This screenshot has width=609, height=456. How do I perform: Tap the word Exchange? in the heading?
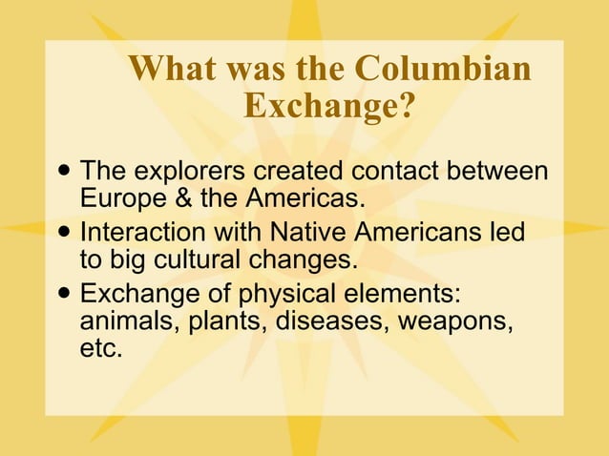(x=329, y=106)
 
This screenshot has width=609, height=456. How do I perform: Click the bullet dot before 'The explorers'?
(x=64, y=172)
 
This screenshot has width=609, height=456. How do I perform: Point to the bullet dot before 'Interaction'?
(x=64, y=231)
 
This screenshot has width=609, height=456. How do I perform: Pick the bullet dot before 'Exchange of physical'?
(x=64, y=290)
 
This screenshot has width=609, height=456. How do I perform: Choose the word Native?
(x=310, y=232)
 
